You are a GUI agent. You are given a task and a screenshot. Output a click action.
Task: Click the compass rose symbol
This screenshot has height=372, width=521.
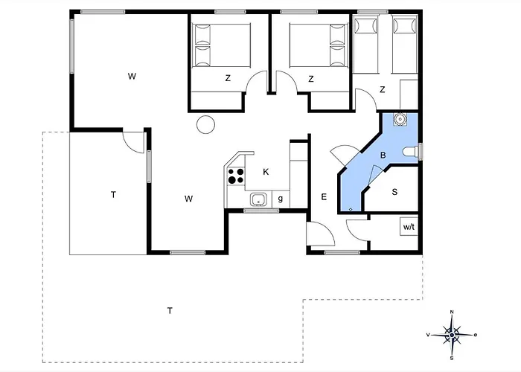[x=451, y=335]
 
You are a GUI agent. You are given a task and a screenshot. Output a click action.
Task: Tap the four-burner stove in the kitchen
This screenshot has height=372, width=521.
[x=236, y=176]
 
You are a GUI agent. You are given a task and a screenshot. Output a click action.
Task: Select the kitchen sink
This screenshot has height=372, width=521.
[x=258, y=199]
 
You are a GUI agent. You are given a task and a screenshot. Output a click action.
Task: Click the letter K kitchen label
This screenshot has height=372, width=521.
[x=266, y=172]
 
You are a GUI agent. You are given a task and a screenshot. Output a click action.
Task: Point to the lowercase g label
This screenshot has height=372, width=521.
[x=280, y=199]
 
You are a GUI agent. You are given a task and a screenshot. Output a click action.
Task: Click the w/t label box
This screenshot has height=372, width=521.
[x=409, y=227]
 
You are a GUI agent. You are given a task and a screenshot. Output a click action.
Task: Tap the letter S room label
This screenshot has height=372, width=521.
[x=394, y=192]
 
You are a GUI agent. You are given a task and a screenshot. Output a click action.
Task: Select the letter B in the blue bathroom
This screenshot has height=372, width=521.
[x=383, y=155]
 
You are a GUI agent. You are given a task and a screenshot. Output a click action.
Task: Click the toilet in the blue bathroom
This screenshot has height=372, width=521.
[x=410, y=152]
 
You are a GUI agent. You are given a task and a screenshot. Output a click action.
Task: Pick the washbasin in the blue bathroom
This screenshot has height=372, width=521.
[x=400, y=118]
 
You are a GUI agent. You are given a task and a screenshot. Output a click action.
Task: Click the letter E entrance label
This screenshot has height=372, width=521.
[x=324, y=197]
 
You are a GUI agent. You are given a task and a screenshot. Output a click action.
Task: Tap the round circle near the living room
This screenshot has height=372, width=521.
[x=204, y=124]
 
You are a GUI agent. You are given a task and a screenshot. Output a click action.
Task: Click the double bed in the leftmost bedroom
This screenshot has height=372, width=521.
[x=220, y=47]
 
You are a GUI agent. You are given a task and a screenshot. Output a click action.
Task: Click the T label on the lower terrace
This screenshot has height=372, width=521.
[x=170, y=310]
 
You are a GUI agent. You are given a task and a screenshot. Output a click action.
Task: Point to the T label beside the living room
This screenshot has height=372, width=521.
[x=113, y=195]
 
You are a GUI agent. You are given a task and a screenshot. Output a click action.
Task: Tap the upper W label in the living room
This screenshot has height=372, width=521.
[x=131, y=76]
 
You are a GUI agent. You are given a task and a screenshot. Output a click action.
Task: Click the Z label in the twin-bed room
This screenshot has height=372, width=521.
[x=383, y=89]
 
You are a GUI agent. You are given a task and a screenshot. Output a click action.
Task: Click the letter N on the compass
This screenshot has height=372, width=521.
[x=451, y=313]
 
